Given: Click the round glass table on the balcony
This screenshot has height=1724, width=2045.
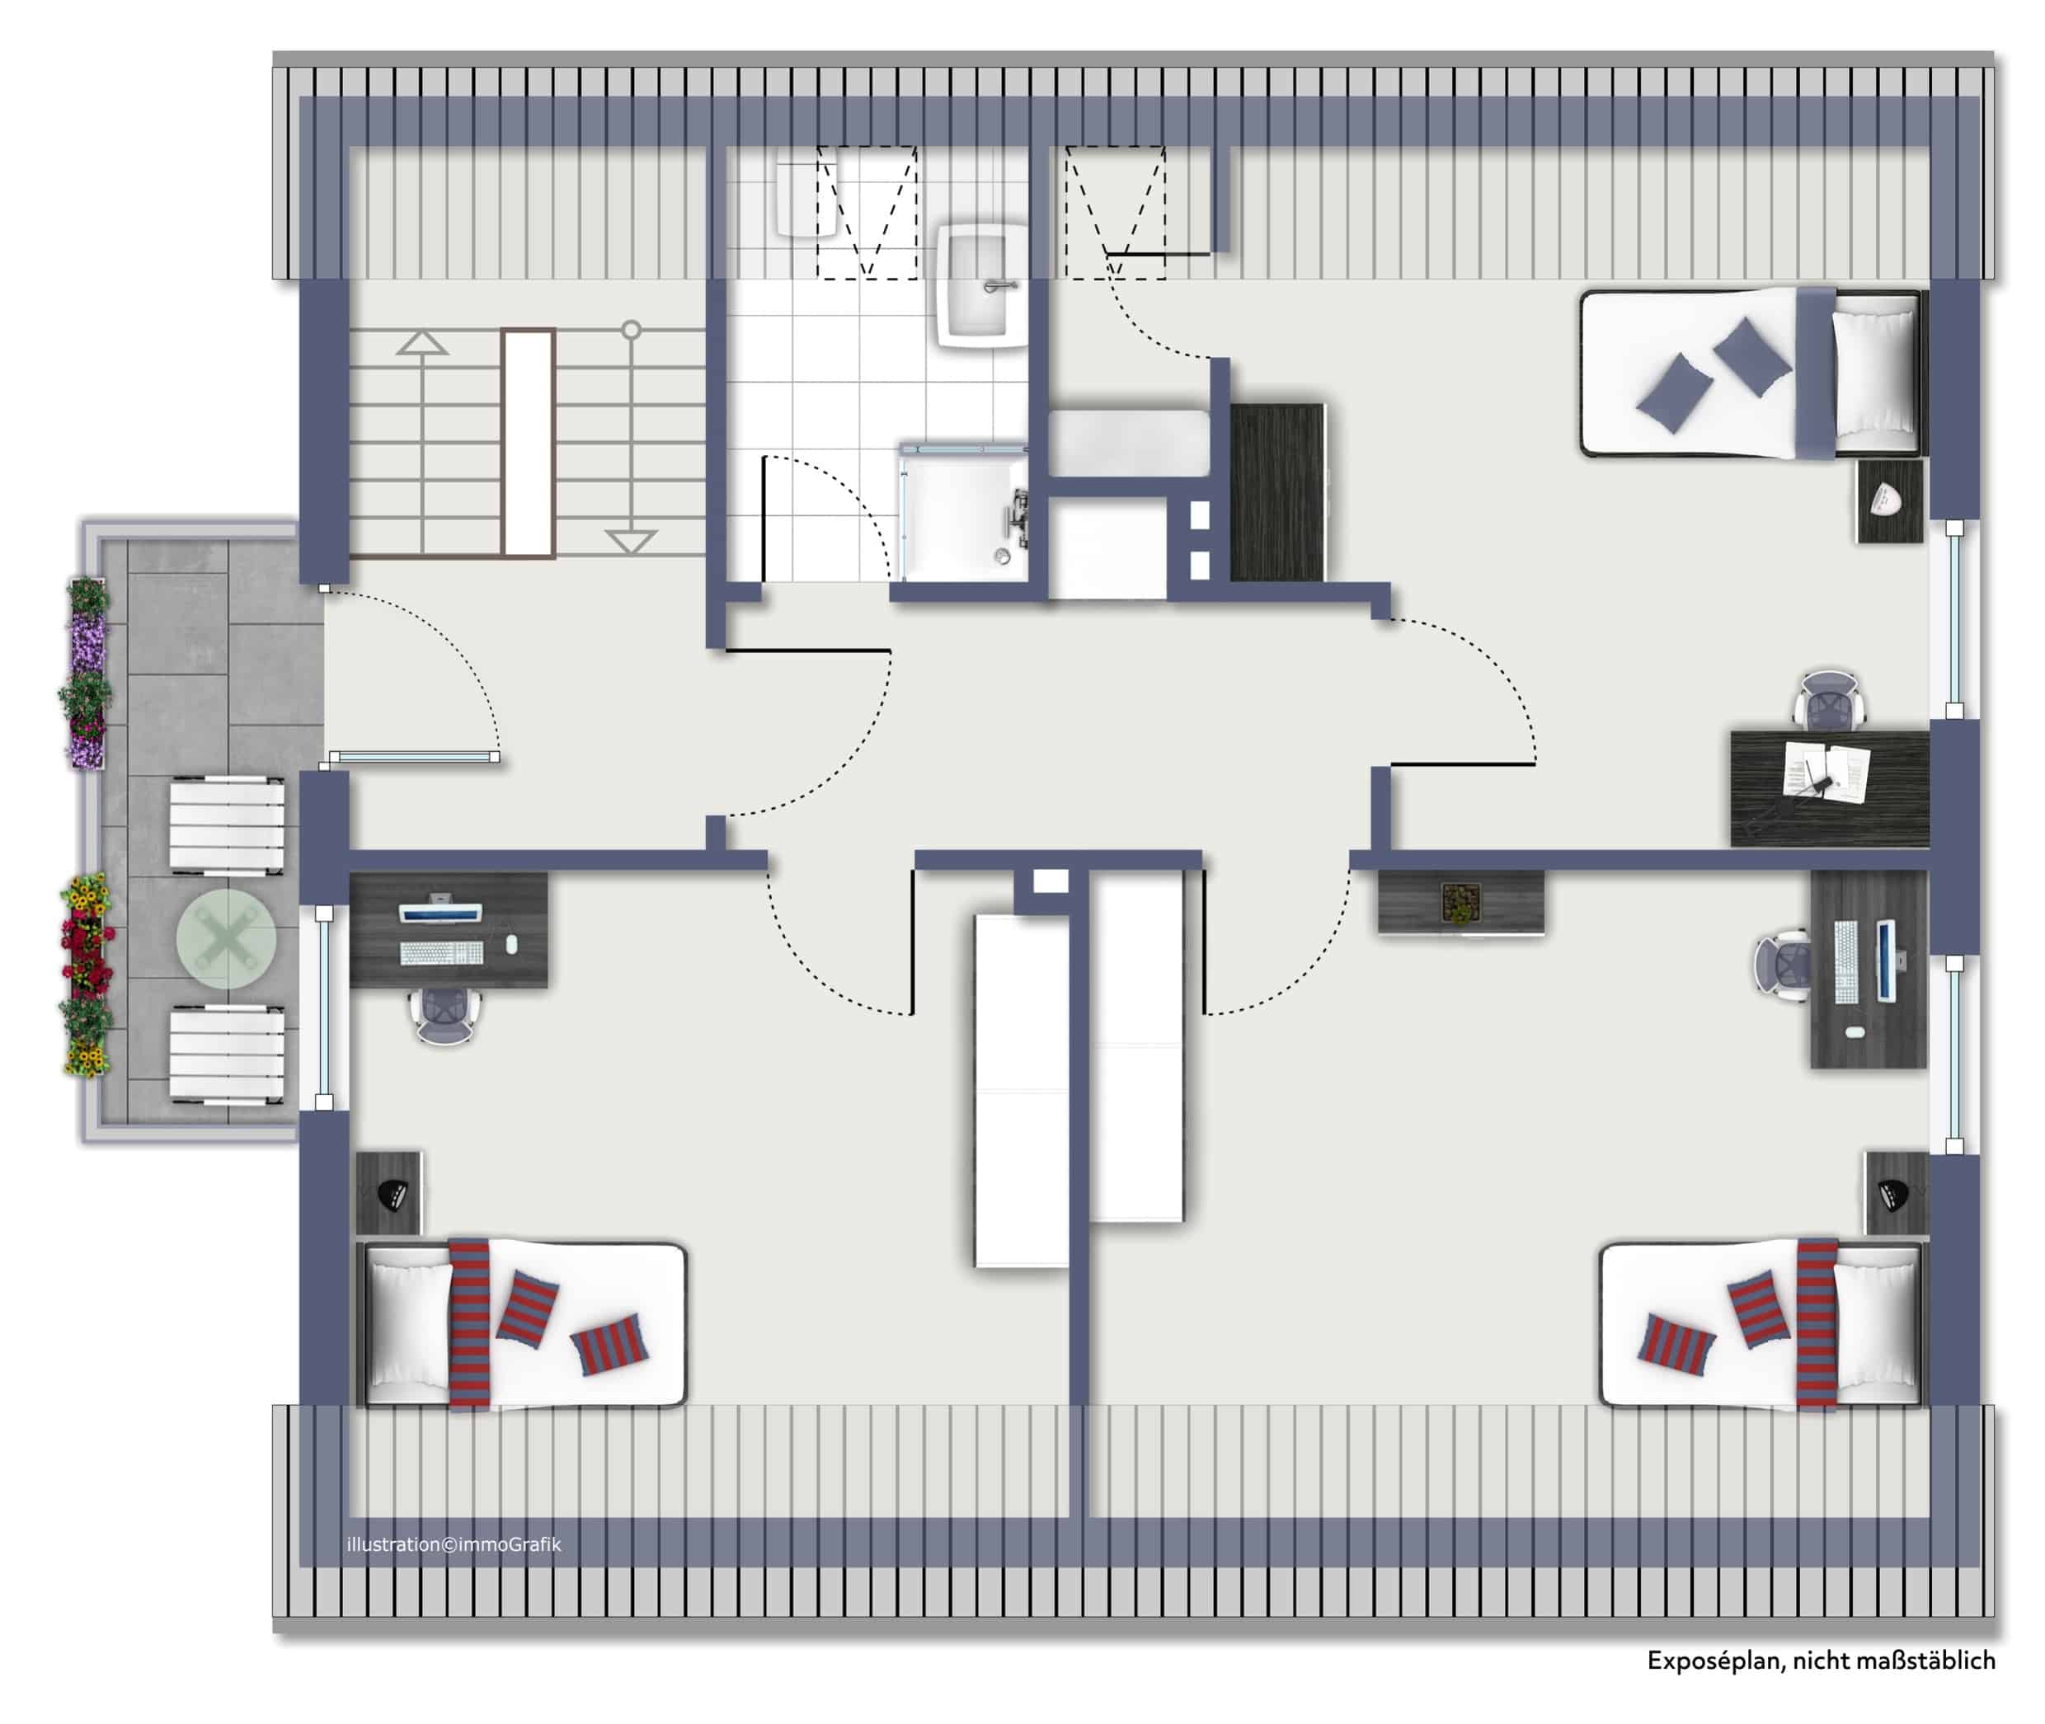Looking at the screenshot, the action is click(x=226, y=939).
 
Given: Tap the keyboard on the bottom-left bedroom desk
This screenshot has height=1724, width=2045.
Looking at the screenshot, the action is click(x=441, y=952).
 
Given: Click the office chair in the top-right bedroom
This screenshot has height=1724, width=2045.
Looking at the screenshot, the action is click(x=1829, y=699).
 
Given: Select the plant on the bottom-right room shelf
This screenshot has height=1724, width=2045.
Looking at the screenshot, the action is click(x=1460, y=902).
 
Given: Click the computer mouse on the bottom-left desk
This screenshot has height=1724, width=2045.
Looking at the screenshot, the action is click(x=512, y=944).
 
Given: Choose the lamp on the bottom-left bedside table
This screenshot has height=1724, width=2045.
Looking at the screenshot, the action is click(x=391, y=1196).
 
